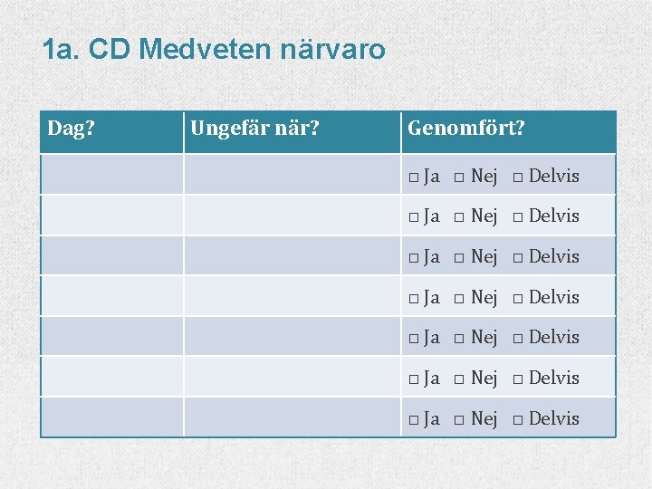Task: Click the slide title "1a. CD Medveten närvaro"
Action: pos(214,49)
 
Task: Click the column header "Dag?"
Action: pos(72,129)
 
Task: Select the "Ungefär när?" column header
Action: pos(254,129)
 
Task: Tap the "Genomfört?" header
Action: pos(466,129)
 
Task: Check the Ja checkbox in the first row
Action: pos(414,177)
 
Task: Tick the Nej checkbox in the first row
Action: pos(460,177)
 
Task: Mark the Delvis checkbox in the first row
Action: pos(517,177)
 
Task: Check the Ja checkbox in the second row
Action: pos(414,217)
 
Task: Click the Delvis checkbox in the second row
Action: pos(517,217)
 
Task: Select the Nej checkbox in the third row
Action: pos(460,258)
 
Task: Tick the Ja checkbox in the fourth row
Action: pos(414,298)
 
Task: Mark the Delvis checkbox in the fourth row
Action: pos(517,298)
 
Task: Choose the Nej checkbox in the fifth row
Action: pos(460,339)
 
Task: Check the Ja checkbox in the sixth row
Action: pos(414,379)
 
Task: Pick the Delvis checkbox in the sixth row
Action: pos(517,379)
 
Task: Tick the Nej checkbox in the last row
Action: pos(460,419)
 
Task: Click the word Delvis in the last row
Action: pos(553,418)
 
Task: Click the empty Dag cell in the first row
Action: pos(112,174)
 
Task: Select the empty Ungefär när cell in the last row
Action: pos(292,417)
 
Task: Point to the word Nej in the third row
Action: pos(484,257)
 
